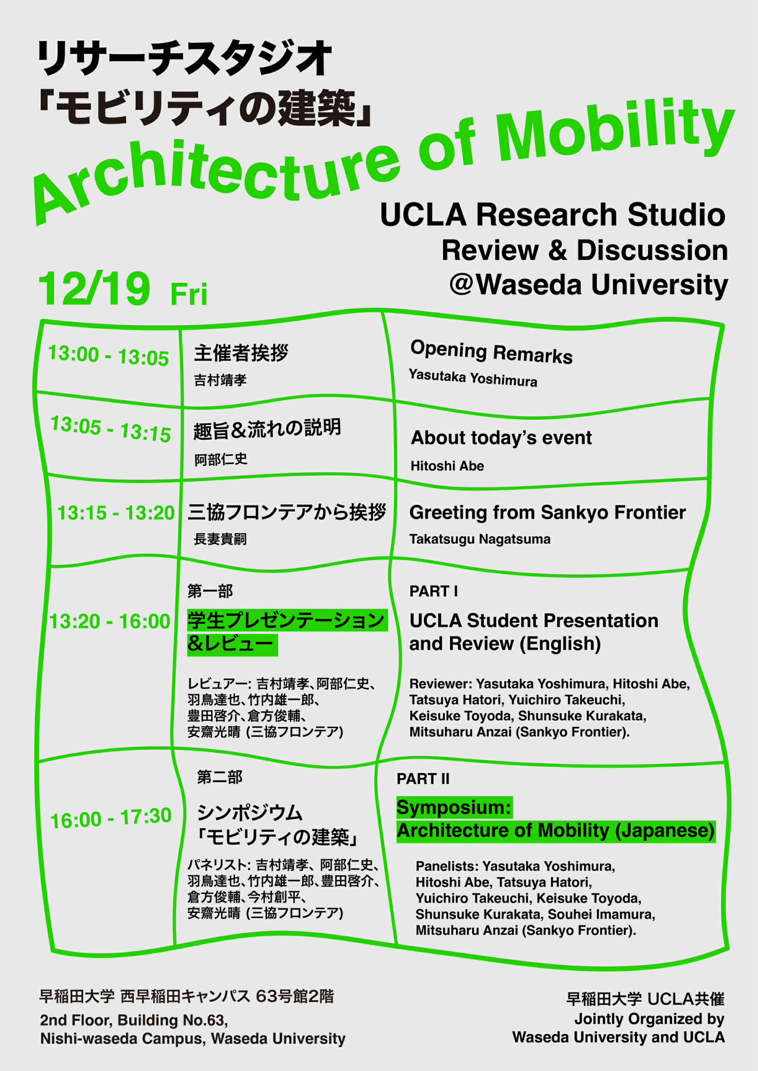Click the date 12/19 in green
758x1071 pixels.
pyautogui.click(x=94, y=289)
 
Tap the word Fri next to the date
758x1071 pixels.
pyautogui.click(x=189, y=294)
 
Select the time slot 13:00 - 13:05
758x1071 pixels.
pyautogui.click(x=108, y=356)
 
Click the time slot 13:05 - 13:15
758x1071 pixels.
pyautogui.click(x=110, y=429)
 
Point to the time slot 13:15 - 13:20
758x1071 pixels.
pyautogui.click(x=116, y=513)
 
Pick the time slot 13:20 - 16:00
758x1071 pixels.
pyautogui.click(x=109, y=621)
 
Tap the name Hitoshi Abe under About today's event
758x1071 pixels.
pyautogui.click(x=447, y=466)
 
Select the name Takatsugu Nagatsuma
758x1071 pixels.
pyautogui.click(x=480, y=539)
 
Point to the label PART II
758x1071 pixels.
pyautogui.click(x=423, y=779)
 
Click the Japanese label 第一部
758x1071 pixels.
pyautogui.click(x=210, y=591)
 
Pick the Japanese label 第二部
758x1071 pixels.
pyautogui.click(x=219, y=777)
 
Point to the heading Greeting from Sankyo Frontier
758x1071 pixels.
pyautogui.click(x=548, y=513)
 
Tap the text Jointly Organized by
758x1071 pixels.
pyautogui.click(x=650, y=1019)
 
